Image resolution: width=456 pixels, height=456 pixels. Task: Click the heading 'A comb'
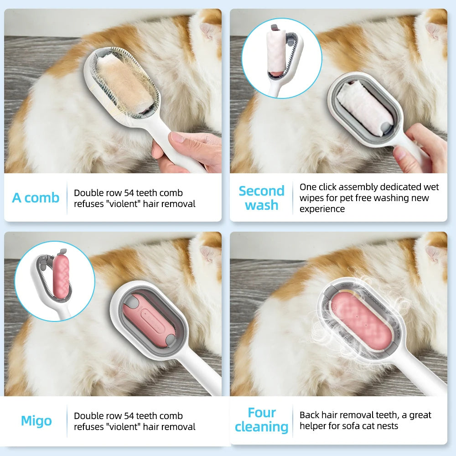coord(36,198)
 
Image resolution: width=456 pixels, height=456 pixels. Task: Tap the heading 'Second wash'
coord(261,198)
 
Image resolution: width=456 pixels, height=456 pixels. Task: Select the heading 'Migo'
coord(36,420)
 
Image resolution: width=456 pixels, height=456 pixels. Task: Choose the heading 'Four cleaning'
coord(261,420)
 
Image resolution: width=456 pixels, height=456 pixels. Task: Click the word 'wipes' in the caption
coord(311,198)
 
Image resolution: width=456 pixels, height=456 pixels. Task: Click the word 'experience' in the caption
coord(322,209)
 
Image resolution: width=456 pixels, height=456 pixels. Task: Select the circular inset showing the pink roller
coord(55,280)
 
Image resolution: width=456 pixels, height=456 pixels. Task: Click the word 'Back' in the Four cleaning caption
coord(309,415)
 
